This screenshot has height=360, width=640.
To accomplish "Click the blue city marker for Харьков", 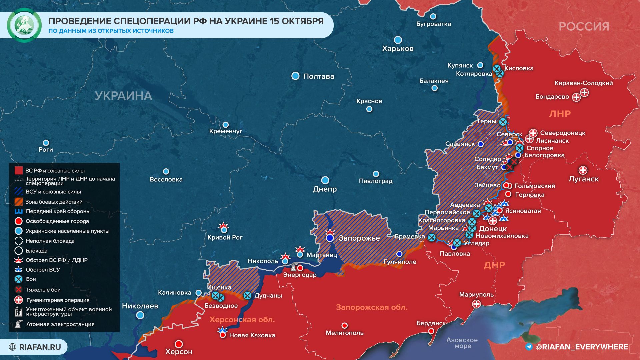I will pyautogui.click(x=398, y=40).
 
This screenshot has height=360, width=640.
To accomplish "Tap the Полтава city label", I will pyautogui.click(x=318, y=76).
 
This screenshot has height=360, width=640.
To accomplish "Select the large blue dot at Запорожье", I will pyautogui.click(x=330, y=238).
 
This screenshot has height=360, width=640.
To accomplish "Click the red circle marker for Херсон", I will pyautogui.click(x=179, y=344).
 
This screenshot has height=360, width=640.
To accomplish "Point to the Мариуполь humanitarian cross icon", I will pyautogui.click(x=476, y=304).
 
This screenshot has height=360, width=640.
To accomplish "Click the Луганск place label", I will pyautogui.click(x=583, y=179).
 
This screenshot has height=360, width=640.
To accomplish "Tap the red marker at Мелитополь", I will pyautogui.click(x=345, y=325).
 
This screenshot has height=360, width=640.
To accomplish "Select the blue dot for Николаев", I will pyautogui.click(x=140, y=315).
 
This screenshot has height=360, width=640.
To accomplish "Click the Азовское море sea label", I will pyautogui.click(x=462, y=343).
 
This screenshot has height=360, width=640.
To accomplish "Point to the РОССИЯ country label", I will pyautogui.click(x=584, y=26).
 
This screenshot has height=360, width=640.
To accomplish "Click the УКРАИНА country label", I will pyautogui.click(x=123, y=96).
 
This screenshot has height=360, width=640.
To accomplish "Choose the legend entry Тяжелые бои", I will pyautogui.click(x=43, y=290).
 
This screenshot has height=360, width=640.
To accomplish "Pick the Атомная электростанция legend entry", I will pyautogui.click(x=60, y=324).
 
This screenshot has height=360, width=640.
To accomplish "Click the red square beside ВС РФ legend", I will pyautogui.click(x=19, y=171).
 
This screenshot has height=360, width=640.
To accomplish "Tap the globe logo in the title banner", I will pyautogui.click(x=24, y=25).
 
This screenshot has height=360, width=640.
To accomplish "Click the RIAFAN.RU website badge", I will pyautogui.click(x=35, y=347).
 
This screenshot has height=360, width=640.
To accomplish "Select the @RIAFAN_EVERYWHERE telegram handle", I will pyautogui.click(x=581, y=347).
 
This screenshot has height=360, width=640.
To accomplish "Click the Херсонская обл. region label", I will pyautogui.click(x=242, y=320).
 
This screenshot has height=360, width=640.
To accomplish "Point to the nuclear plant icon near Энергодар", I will pyautogui.click(x=293, y=267).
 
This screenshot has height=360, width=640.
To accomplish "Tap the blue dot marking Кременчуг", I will pyautogui.click(x=226, y=125).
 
